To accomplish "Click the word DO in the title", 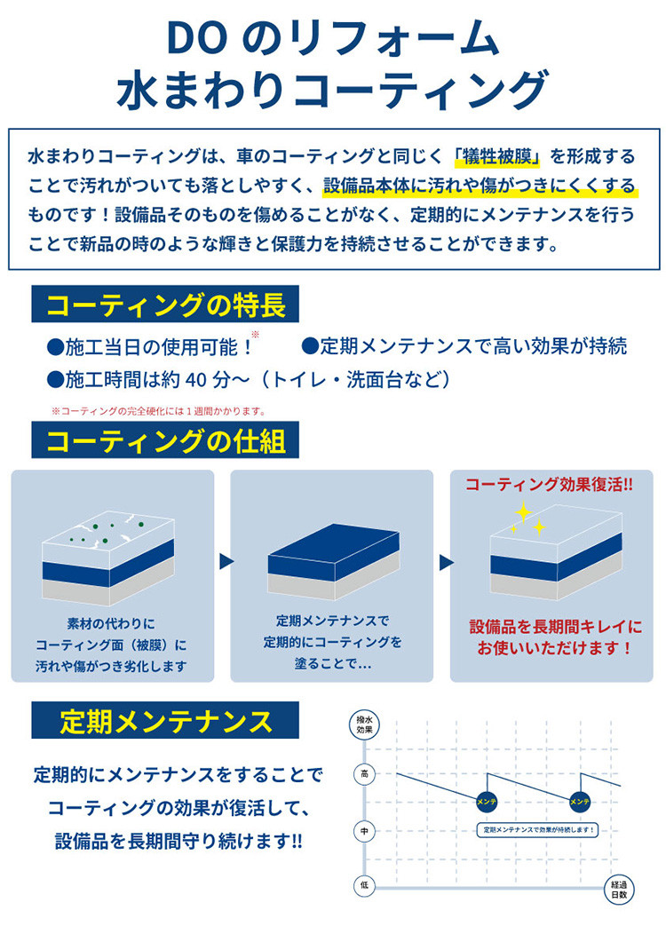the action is click(196, 38).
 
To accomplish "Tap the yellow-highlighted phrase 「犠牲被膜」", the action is click(497, 157).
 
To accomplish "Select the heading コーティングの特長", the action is click(165, 304).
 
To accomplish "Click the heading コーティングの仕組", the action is click(165, 440).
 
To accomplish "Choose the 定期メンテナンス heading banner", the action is click(165, 720).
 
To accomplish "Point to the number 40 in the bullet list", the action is click(198, 380).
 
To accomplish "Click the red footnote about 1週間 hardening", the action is click(159, 411).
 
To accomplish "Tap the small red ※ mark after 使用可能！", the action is click(255, 335).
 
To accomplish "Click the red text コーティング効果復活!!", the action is click(549, 485).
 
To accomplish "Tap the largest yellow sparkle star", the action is click(524, 512).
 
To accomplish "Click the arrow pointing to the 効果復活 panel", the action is click(446, 563).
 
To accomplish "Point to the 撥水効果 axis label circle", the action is click(364, 724).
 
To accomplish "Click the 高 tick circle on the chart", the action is click(364, 774).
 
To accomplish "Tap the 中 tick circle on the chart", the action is click(364, 831).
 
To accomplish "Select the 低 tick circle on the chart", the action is click(364, 885).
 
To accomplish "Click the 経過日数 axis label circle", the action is click(619, 889).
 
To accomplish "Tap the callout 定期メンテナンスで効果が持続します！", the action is click(538, 829).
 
